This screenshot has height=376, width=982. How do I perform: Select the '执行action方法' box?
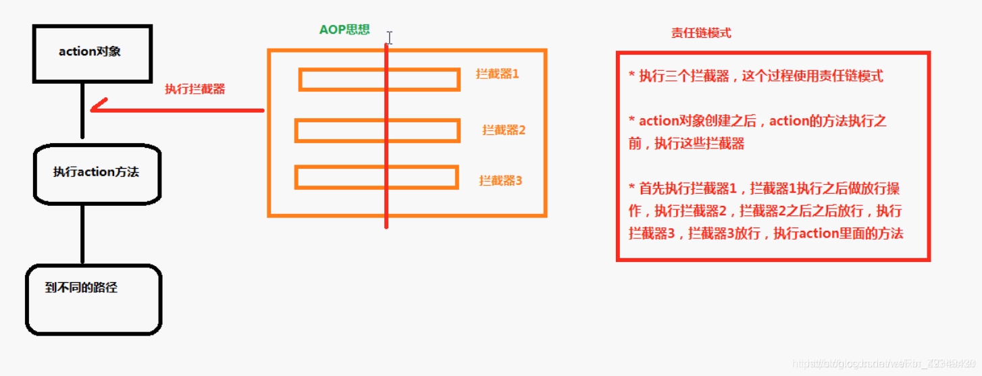click(x=97, y=172)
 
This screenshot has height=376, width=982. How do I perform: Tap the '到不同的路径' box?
click(x=93, y=299)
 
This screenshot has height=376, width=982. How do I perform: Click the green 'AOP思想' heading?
click(x=344, y=30)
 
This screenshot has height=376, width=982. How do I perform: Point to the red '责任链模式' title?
click(x=701, y=33)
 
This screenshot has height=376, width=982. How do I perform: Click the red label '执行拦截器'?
click(x=195, y=89)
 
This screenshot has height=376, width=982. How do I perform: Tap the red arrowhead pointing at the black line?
click(x=97, y=107)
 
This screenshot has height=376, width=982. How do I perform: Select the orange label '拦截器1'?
click(x=498, y=74)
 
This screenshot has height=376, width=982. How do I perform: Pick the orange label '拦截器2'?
click(x=504, y=130)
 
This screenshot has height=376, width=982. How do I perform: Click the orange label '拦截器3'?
click(x=500, y=180)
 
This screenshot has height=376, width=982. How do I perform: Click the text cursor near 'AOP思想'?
click(x=390, y=37)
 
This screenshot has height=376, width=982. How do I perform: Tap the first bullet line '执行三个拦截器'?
click(x=756, y=76)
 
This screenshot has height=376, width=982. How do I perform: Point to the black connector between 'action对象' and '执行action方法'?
click(x=82, y=111)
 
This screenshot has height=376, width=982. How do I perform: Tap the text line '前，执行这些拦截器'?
click(x=686, y=144)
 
